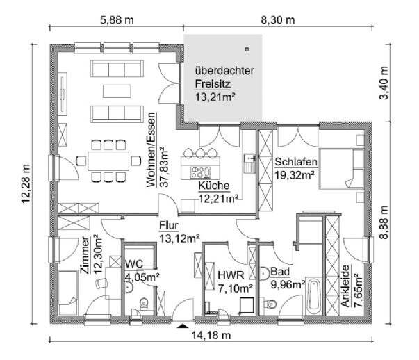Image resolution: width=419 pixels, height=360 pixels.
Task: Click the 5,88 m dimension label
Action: tap(117, 20)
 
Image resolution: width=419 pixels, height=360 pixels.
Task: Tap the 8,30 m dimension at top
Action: tap(278, 20)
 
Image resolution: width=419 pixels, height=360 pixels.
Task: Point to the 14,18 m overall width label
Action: tap(211, 335)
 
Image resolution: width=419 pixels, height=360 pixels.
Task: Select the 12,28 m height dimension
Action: tap(26, 184)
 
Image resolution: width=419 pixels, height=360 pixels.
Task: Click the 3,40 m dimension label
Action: tap(384, 83)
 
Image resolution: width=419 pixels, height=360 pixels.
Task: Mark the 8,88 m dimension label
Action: tap(384, 222)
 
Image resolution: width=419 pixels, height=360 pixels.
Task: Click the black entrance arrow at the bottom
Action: tap(183, 325)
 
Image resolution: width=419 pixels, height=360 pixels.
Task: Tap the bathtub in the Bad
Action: tap(314, 296)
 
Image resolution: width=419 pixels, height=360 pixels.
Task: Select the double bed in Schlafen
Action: tap(341, 169)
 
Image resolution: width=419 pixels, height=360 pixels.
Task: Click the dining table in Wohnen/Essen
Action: tap(108, 161)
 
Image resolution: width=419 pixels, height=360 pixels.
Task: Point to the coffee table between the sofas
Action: tap(117, 91)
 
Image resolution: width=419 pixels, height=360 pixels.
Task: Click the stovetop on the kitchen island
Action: tap(200, 172)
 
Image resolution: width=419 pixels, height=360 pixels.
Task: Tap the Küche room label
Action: tap(214, 186)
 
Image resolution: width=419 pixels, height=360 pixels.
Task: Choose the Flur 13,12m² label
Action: tap(179, 232)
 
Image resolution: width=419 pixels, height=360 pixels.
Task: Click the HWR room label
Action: tap(231, 275)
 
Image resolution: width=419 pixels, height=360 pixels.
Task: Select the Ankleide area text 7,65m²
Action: tap(358, 291)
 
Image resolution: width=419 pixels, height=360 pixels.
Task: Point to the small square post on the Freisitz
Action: tap(247, 49)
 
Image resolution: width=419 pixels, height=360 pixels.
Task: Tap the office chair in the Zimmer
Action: tap(101, 284)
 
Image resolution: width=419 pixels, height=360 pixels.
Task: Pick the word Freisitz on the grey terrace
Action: tap(213, 84)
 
